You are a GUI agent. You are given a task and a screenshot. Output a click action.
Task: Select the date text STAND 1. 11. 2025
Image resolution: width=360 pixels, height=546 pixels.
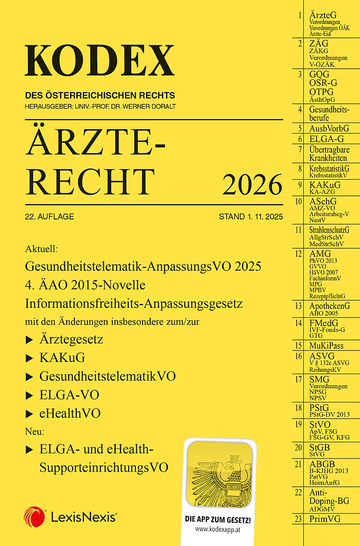pyautogui.click(x=251, y=217)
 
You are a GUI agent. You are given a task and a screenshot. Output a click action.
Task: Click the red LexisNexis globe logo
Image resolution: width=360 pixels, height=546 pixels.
pyautogui.click(x=34, y=517)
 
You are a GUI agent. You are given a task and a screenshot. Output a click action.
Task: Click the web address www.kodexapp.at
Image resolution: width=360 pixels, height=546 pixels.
pyautogui.click(x=218, y=528)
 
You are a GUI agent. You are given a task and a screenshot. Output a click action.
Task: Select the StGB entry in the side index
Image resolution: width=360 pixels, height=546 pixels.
pyautogui.click(x=320, y=448)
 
